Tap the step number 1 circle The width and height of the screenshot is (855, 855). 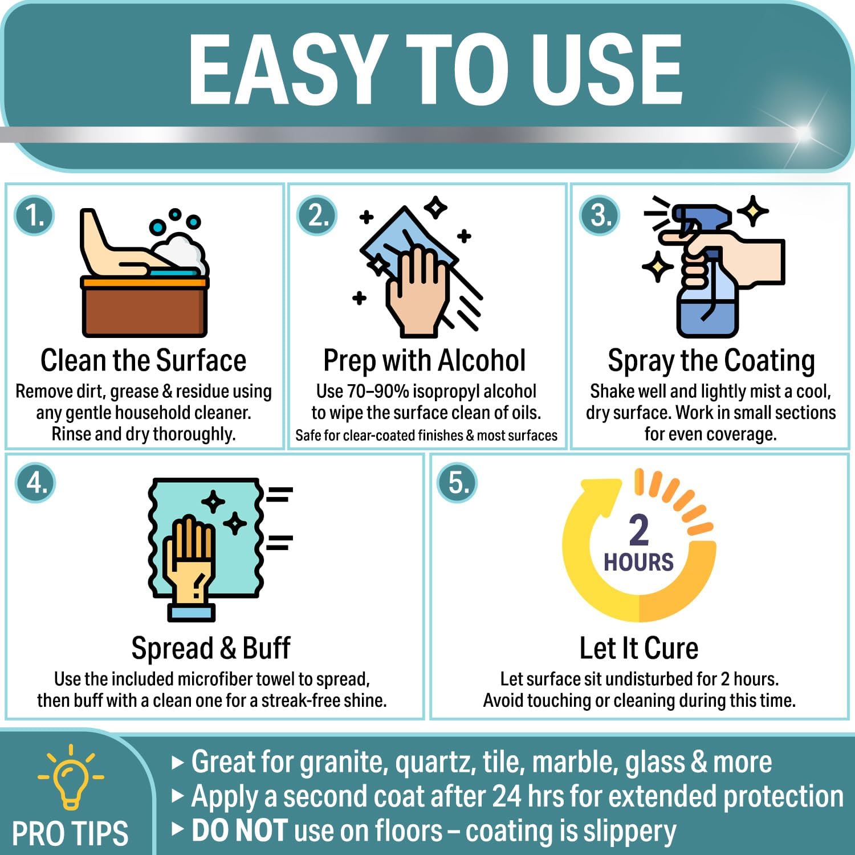[35, 216]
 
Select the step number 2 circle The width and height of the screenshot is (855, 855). [317, 216]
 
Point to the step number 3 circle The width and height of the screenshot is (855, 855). [600, 216]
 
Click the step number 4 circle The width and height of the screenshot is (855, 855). [36, 483]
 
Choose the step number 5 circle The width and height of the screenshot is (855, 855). [457, 483]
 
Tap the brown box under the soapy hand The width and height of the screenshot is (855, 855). [144, 308]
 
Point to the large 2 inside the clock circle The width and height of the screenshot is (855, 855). [639, 530]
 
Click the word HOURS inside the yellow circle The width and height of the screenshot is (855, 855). [638, 563]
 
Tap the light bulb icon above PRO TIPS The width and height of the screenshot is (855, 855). [71, 777]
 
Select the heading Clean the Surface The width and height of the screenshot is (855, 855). [144, 361]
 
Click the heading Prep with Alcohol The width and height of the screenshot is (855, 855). [425, 361]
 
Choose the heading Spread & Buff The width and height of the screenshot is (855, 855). [211, 649]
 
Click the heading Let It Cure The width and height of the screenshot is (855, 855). [639, 649]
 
